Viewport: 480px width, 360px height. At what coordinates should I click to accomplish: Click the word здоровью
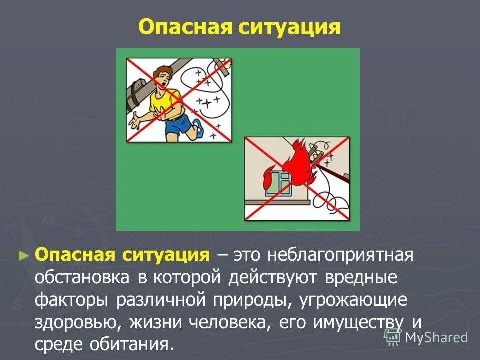(79, 322)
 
